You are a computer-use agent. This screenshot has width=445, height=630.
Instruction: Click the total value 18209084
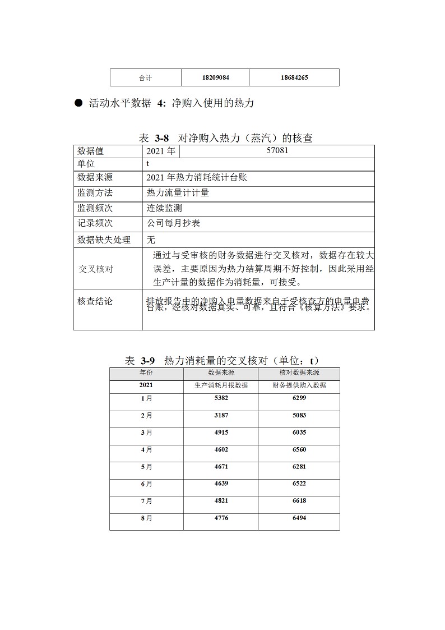coord(215,77)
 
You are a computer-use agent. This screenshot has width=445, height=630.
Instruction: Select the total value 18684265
coord(294,77)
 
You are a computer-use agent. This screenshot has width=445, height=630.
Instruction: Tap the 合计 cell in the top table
coord(146,77)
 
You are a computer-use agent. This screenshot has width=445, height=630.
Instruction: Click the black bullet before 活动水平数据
coord(78,103)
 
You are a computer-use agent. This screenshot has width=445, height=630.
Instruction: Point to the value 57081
coord(277,151)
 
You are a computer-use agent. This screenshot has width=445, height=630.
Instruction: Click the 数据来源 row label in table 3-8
coord(95,178)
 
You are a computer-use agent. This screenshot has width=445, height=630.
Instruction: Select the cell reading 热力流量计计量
coord(178,193)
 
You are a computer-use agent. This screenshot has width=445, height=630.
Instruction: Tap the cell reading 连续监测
coord(164,208)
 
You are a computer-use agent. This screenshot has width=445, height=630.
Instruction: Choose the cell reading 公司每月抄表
coord(173,223)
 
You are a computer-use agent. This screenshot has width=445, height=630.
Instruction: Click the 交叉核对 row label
coord(95,269)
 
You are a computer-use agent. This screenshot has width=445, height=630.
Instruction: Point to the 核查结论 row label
coord(95,301)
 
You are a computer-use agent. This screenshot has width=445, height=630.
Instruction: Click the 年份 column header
coord(146,373)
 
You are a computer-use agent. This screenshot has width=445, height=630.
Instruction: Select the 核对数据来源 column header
coord(299,373)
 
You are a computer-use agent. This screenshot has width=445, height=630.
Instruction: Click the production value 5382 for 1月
coord(222,398)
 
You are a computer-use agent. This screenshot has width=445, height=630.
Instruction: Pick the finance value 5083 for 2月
coord(299,416)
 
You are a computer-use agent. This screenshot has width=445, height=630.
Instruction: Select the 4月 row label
coord(146,450)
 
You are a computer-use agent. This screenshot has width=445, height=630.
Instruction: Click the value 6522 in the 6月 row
coord(299,484)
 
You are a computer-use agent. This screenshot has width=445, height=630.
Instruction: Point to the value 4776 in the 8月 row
coord(222,518)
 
